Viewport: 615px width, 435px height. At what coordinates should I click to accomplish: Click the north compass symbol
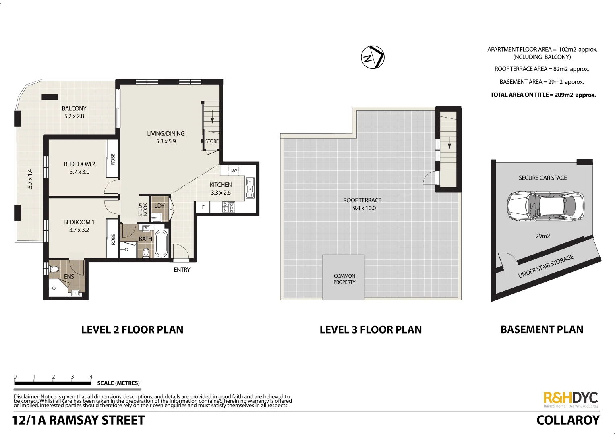pos(373,57)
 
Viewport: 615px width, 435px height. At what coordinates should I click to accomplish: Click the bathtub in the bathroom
pos(161,244)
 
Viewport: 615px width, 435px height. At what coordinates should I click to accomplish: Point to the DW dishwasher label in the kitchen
pos(234,170)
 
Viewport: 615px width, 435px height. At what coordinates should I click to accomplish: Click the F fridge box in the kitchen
pos(203,207)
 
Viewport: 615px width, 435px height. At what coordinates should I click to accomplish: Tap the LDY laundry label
pos(159,206)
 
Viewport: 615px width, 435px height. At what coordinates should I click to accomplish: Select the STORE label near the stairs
pos(212,141)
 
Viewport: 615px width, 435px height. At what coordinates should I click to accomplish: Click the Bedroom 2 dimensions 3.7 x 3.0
pos(79,172)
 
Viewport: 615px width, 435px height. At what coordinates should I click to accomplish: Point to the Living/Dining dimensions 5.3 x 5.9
pos(166,141)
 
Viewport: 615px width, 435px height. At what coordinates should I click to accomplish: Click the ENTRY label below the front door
pos(182,270)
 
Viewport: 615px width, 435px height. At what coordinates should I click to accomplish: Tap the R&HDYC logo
pos(571,398)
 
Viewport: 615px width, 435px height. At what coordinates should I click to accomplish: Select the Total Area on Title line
pos(543,95)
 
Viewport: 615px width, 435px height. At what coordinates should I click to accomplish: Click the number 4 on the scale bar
pos(91,377)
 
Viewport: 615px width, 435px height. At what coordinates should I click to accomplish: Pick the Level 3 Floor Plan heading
pos(371,330)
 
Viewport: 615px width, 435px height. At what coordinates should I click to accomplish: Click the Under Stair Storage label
pos(546,266)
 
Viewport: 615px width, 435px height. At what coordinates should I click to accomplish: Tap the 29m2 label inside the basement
pos(543,236)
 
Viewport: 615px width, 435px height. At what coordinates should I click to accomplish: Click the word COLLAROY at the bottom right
pos(568,420)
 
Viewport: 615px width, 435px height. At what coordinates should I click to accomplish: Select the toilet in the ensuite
pos(54,269)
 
